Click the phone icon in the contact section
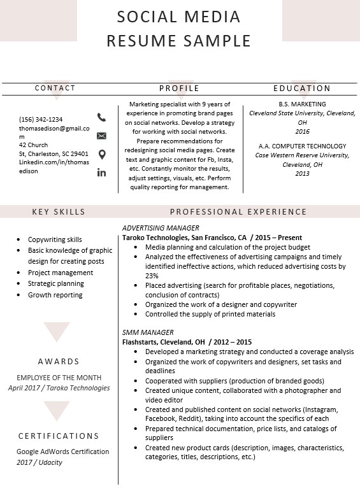click(x=101, y=117)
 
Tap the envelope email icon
click(x=101, y=136)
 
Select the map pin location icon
click(x=101, y=154)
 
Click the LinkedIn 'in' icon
click(x=101, y=173)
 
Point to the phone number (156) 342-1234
click(x=41, y=119)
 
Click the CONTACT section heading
click(x=55, y=88)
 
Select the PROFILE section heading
click(x=179, y=89)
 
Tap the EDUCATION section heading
click(x=302, y=89)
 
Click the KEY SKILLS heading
click(x=59, y=212)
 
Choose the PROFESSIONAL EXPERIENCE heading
click(x=238, y=212)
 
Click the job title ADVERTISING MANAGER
click(x=161, y=228)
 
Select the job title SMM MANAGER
click(x=148, y=332)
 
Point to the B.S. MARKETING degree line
click(x=302, y=104)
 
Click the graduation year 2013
click(x=302, y=173)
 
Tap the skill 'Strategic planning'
click(x=56, y=283)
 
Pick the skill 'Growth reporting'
click(x=55, y=295)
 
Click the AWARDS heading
click(x=59, y=362)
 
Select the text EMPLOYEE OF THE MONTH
click(x=59, y=378)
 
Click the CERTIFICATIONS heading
click(x=59, y=436)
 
